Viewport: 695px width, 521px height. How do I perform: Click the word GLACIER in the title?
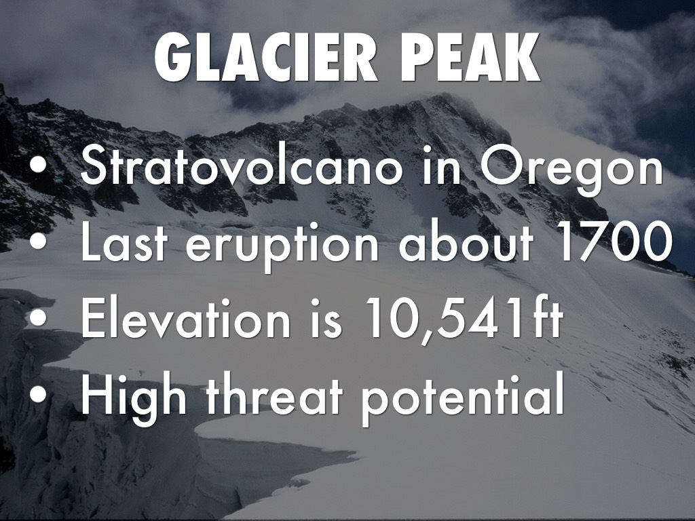[266, 58]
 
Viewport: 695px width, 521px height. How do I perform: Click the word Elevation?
[185, 318]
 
